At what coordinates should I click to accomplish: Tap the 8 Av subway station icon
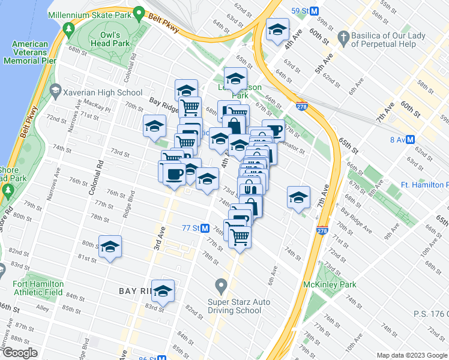411,139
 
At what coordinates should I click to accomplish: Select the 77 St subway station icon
205,228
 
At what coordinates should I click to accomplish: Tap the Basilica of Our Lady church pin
343,37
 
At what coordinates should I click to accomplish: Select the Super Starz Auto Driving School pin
221,284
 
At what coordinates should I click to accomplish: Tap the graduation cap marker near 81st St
110,247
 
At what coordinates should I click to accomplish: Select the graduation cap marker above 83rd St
163,291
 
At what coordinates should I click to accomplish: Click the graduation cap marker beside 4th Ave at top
277,30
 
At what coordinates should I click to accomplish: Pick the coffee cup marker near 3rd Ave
174,174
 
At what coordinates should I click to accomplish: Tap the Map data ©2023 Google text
412,355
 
